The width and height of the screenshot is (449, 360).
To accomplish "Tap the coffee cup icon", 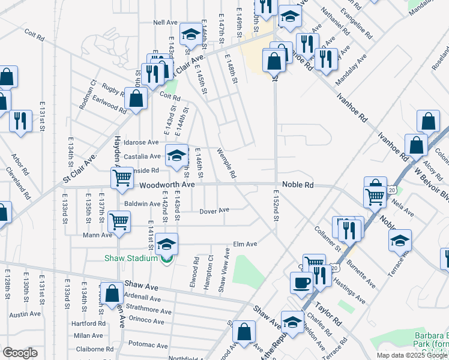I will pos(301,282).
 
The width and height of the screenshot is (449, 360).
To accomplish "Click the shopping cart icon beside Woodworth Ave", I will pos(122,178).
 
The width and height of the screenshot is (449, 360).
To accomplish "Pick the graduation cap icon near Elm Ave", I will pos(167,244).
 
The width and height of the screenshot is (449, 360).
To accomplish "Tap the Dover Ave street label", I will pos(214,211).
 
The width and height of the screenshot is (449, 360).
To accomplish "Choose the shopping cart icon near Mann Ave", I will pos(119,221).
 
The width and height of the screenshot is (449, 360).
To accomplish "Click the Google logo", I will pos(20,353).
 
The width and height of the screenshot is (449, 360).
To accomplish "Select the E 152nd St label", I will pos(276,206).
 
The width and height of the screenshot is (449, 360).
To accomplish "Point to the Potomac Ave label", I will pos(147,344).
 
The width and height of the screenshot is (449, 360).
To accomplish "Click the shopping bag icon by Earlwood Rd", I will pos(136,98).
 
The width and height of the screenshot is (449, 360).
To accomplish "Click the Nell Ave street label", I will pos(164,22).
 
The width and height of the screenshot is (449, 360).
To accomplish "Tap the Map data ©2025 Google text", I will pos(412,355).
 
